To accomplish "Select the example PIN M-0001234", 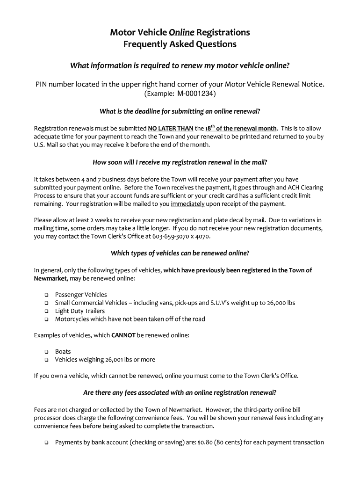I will click(x=196, y=94).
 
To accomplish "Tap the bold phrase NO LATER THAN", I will click(x=171, y=128).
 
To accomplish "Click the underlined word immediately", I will click(x=187, y=204).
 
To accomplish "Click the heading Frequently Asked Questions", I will click(x=180, y=44).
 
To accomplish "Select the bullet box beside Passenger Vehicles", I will click(x=47, y=295).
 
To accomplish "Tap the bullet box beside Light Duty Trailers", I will click(x=47, y=312).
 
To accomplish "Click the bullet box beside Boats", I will click(x=47, y=352).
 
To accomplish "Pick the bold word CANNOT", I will click(x=123, y=335).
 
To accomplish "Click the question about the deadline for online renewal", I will click(x=180, y=111).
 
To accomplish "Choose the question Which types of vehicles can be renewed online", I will click(x=180, y=253).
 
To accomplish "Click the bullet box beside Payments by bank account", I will click(x=47, y=443).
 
